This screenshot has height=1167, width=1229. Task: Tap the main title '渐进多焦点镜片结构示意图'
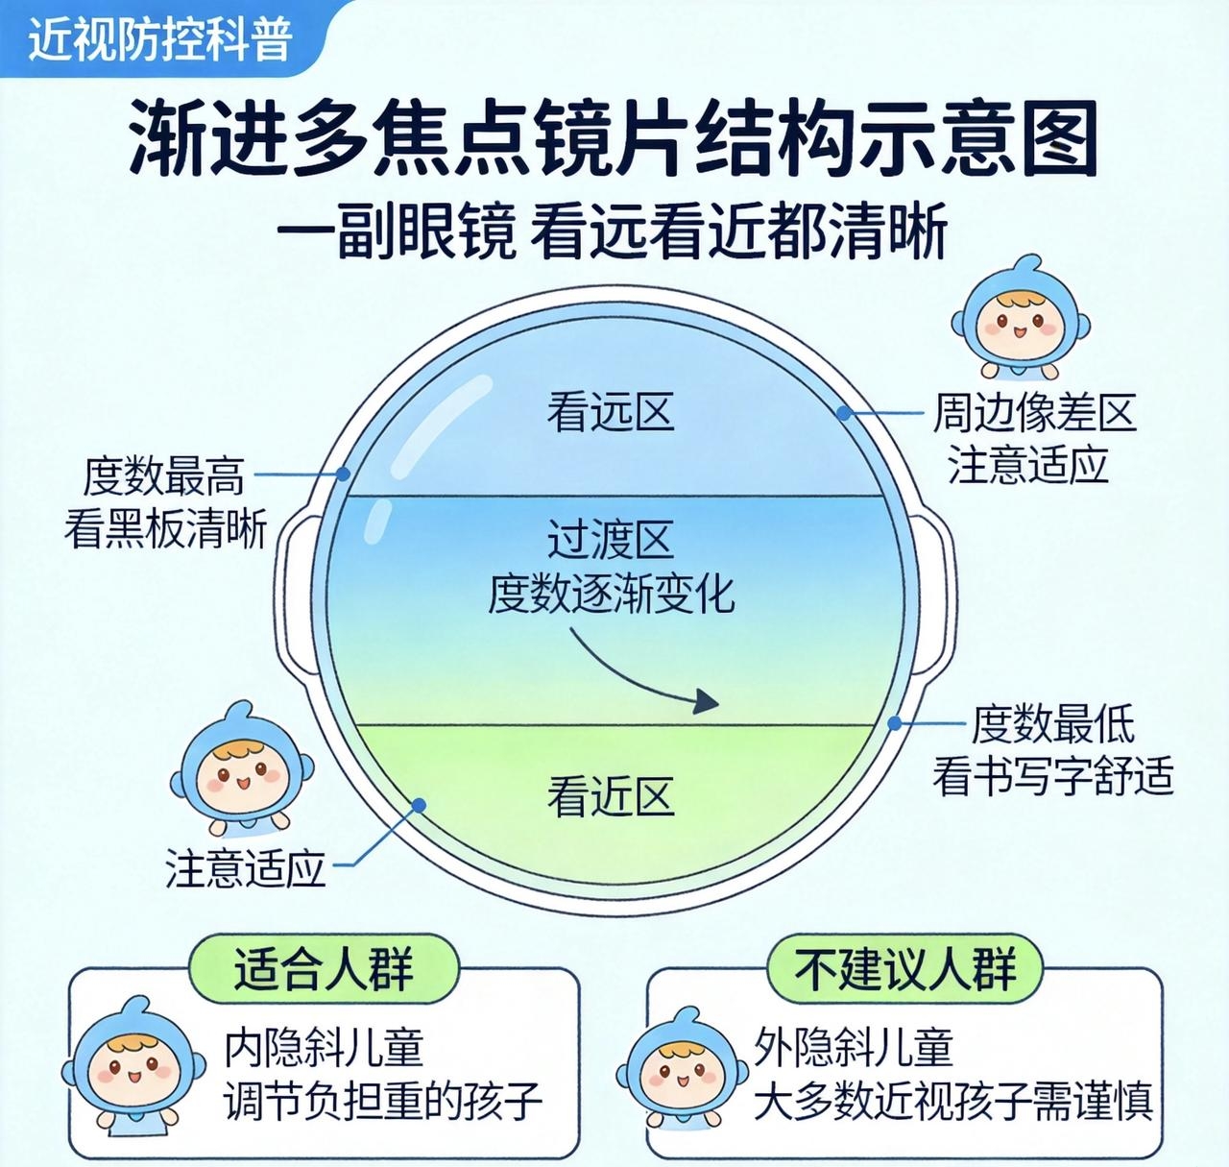click(613, 139)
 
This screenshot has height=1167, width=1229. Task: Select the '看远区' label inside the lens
click(610, 413)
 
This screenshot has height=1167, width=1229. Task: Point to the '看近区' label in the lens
click(610, 796)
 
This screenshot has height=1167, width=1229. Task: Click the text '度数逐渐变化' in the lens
click(611, 594)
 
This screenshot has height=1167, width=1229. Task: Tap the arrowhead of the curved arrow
click(707, 702)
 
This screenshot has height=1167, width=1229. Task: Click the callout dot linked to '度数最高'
click(343, 474)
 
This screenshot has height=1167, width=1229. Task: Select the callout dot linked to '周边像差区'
click(844, 413)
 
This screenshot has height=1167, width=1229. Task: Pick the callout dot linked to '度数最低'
click(895, 723)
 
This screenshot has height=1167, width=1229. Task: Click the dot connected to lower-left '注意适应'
click(419, 805)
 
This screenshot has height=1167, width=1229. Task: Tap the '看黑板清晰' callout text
click(166, 529)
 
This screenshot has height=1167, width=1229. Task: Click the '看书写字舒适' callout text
click(1052, 775)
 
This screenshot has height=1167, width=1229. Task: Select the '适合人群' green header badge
click(324, 969)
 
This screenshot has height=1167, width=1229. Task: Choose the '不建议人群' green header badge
click(905, 969)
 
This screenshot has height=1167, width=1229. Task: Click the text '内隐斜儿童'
click(325, 1048)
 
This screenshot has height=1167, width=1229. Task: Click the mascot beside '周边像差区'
click(1020, 319)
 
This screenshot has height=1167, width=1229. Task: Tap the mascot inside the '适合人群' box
click(133, 1069)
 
